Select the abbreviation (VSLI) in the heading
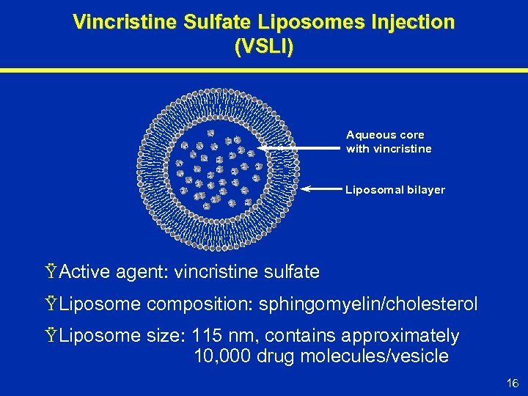264,48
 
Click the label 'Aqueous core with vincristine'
389,142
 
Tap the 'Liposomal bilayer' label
395,190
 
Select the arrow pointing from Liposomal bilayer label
323,189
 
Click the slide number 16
511,383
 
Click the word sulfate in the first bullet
291,272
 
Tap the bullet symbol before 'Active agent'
51,272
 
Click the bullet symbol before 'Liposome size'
51,336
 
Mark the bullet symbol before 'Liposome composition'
51,304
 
